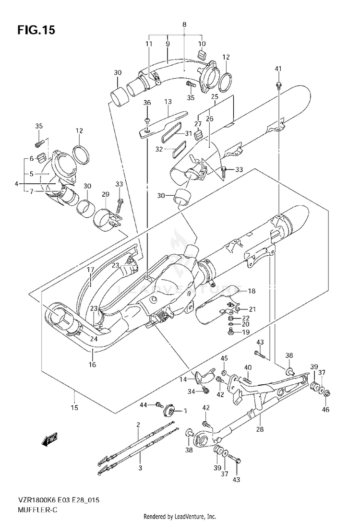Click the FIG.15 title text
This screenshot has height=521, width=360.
pos(36,30)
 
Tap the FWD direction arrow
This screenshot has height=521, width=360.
pos(50,440)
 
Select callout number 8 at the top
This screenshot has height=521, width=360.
pos(184,24)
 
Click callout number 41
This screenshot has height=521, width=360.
pos(278,69)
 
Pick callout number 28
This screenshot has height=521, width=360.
pos(260,429)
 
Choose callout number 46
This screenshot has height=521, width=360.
pos(325,409)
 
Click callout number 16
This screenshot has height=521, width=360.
pos(92,365)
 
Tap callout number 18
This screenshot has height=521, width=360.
pos(252,291)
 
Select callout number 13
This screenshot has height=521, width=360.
pos(168,102)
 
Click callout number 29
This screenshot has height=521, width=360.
pos(106,194)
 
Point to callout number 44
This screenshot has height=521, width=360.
pos(143,405)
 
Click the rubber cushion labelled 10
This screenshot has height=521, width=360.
pos(201,55)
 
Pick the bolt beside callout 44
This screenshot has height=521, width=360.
pos(159,405)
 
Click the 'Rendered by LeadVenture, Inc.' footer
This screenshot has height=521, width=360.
pos(180,517)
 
